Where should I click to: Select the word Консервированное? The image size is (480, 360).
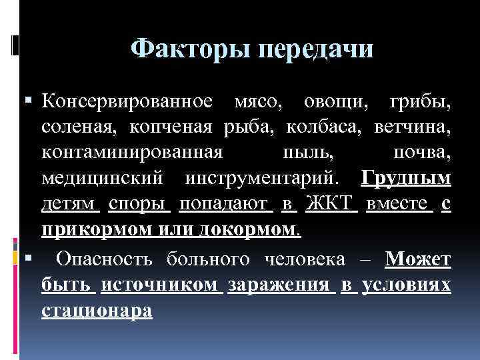[x=127, y=102]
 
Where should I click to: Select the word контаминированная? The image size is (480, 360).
[x=132, y=153]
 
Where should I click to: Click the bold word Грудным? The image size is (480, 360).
[x=405, y=178]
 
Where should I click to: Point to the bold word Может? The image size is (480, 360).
[x=418, y=259]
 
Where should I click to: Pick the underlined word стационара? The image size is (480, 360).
[x=97, y=311]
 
